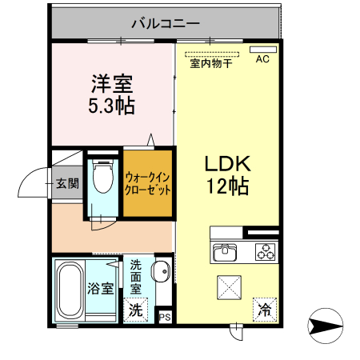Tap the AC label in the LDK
pyautogui.click(x=262, y=58)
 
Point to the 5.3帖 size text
pyautogui.click(x=111, y=105)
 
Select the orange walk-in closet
pyautogui.click(x=147, y=183)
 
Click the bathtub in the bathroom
pyautogui.click(x=70, y=291)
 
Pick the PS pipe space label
pyautogui.click(x=166, y=318)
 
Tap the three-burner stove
pyautogui.click(x=264, y=253)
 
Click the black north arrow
pyautogui.click(x=325, y=326)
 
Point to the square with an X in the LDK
pyautogui.click(x=230, y=286)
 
